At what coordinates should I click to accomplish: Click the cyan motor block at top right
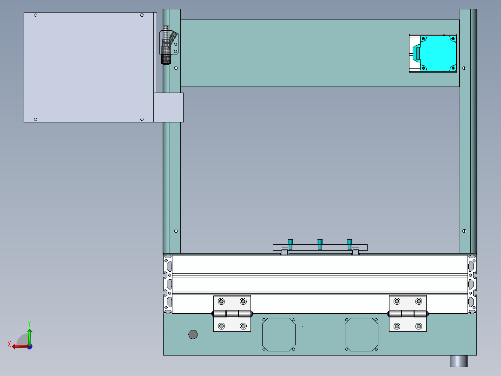[437, 53]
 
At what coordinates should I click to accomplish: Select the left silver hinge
[232, 314]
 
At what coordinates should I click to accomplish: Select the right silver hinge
[408, 314]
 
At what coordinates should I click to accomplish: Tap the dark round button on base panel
[192, 334]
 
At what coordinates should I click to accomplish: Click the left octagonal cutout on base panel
[279, 335]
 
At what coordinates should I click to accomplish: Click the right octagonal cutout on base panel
[361, 335]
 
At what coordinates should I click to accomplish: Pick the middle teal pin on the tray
[320, 244]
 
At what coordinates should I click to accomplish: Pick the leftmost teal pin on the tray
[290, 244]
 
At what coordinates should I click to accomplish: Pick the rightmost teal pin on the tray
[349, 244]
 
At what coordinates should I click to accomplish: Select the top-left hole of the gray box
[36, 15]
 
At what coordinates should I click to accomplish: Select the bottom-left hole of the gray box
[36, 119]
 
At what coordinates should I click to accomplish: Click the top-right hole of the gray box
[142, 15]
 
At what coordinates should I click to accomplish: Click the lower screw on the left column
[176, 231]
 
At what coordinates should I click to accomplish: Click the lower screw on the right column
[464, 231]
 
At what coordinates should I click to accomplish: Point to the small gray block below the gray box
[168, 107]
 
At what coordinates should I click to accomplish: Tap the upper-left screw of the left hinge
[221, 301]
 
